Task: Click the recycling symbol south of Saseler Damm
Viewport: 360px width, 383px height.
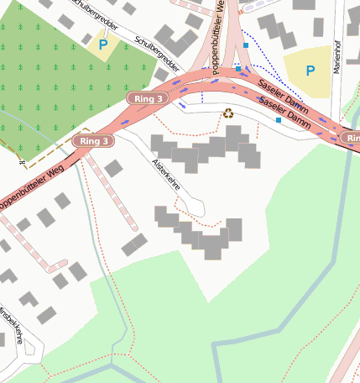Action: point(227,113)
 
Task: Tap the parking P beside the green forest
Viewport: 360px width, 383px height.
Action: point(102,45)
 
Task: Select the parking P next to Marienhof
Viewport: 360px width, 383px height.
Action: point(310,71)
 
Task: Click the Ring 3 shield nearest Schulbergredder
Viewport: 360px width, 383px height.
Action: point(148,99)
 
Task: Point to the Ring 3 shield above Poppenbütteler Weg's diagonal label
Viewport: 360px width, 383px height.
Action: point(92,140)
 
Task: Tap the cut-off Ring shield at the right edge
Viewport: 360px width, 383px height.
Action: point(351,137)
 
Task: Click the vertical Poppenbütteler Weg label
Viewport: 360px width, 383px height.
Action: point(219,34)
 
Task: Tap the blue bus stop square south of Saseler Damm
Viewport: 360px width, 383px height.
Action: point(279,120)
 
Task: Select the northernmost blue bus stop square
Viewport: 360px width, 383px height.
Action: point(245,45)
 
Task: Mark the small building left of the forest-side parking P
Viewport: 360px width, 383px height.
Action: point(87,39)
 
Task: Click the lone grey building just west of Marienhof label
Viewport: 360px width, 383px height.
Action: point(318,27)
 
